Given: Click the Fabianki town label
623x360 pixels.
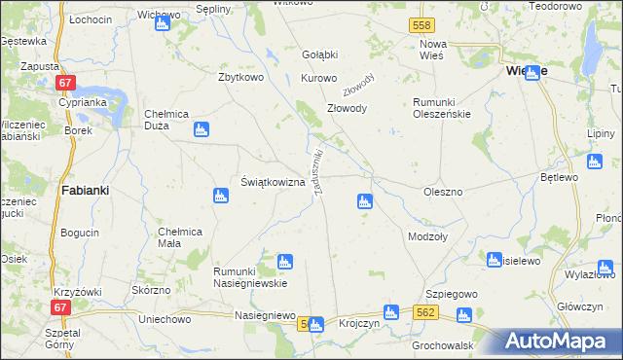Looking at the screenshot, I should (x=84, y=191).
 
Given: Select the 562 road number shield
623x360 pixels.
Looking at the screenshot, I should (x=423, y=312).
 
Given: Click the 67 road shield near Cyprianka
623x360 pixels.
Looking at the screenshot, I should (x=64, y=84).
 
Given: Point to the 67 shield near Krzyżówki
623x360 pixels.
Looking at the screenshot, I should (x=60, y=307).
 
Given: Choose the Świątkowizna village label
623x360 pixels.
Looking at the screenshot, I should (x=273, y=182).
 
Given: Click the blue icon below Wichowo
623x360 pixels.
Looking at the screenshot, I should (x=162, y=23).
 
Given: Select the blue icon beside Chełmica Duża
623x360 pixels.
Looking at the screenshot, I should (x=202, y=128).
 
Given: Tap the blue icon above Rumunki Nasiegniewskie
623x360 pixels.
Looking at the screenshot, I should (x=284, y=261).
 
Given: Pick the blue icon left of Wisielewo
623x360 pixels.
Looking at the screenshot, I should (x=494, y=260).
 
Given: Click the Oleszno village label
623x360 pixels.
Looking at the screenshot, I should (x=443, y=193).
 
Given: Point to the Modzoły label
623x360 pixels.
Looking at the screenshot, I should (x=427, y=236).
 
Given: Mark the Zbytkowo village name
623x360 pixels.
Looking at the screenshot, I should (x=243, y=78).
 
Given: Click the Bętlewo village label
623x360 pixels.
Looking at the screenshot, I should (x=560, y=178).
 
